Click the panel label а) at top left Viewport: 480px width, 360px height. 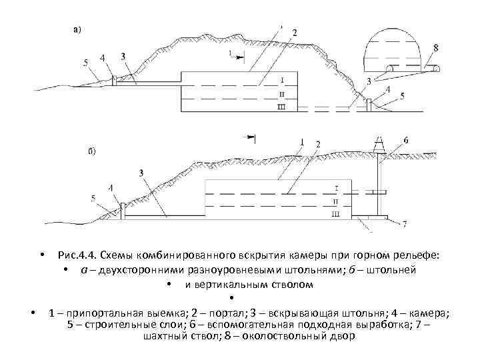coord(77,29)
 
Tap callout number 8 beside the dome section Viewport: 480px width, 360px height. coord(435,47)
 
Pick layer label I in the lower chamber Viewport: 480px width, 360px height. coord(336,187)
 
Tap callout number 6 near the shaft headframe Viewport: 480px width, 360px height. coord(406,141)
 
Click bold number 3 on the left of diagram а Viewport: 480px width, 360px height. coord(123,57)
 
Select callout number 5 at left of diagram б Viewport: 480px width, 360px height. coord(93,197)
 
